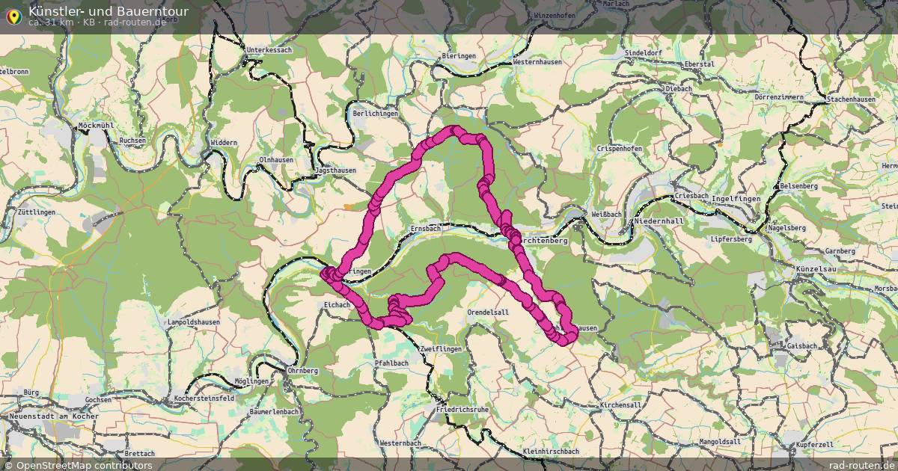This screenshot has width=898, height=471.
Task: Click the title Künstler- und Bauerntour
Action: pos(109,11)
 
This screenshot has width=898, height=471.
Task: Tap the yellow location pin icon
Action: pos(13,16)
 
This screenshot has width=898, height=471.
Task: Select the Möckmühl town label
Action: pos(96,126)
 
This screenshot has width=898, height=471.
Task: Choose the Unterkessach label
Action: pos(269,50)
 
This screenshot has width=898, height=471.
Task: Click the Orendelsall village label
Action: pos(487,312)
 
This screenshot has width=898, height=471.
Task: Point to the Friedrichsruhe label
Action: pos(462,410)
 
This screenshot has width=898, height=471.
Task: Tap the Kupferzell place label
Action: pos(815,445)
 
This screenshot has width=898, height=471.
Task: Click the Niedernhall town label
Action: pos(659,221)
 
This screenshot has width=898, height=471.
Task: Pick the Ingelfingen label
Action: pos(736,199)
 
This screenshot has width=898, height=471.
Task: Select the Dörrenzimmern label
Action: pos(778,98)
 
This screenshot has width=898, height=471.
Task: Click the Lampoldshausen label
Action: pos(193,322)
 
